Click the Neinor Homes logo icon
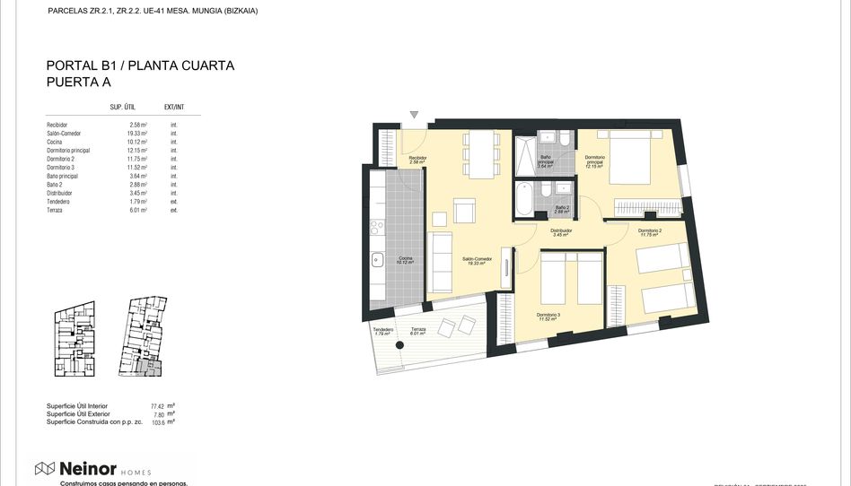click(x=45, y=468)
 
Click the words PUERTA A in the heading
click(x=78, y=82)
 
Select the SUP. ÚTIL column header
click(x=122, y=107)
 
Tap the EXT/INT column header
click(x=174, y=107)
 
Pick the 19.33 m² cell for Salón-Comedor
click(x=137, y=133)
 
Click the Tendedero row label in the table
click(x=59, y=202)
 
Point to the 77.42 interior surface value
click(x=159, y=406)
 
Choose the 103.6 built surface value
click(x=159, y=421)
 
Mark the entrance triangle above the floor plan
click(x=414, y=115)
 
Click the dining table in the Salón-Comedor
click(x=482, y=153)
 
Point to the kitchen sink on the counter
click(x=377, y=260)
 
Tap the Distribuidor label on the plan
click(x=563, y=232)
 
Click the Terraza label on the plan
click(x=418, y=330)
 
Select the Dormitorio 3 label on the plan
click(x=548, y=316)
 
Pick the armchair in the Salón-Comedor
click(x=464, y=212)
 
